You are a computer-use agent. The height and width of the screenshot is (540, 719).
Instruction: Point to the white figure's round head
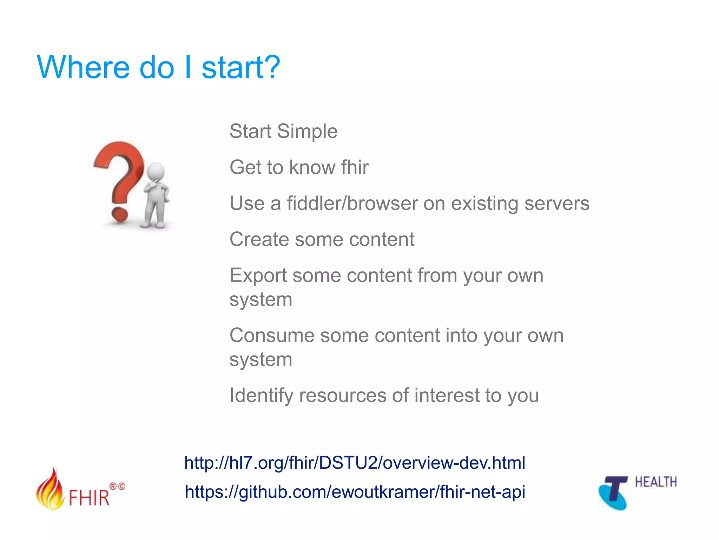[156, 172]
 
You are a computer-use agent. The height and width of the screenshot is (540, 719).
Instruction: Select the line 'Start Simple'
[283, 131]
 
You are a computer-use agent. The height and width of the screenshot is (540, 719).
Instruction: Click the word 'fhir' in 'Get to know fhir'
[355, 167]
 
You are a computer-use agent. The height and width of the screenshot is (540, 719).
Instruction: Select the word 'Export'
[258, 275]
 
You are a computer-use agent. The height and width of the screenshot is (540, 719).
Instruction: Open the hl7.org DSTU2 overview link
[355, 463]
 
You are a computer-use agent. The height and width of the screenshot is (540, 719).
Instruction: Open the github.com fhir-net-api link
[355, 492]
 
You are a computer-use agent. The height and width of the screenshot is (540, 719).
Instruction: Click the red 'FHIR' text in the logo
[89, 498]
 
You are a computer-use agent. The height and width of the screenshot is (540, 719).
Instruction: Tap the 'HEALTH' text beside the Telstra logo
[655, 482]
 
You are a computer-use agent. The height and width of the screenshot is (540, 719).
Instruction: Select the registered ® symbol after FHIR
[113, 487]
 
